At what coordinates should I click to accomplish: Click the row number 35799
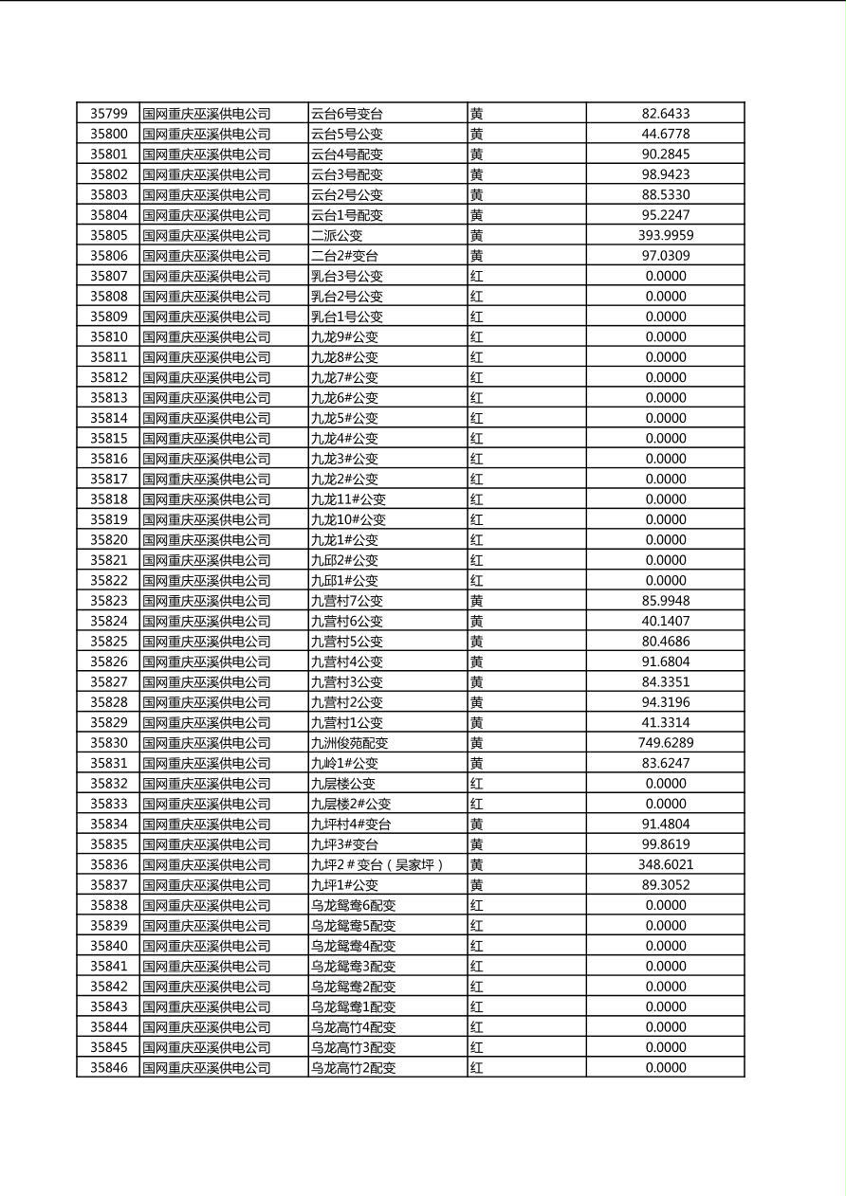(x=108, y=114)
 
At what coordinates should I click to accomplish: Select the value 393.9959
(x=665, y=235)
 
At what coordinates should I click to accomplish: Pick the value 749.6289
(x=665, y=743)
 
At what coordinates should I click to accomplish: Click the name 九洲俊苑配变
(x=349, y=743)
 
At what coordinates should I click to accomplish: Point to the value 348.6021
(x=665, y=864)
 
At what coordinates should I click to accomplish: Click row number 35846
(x=108, y=1067)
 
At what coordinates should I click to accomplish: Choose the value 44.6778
(x=665, y=134)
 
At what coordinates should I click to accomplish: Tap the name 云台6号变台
(x=347, y=114)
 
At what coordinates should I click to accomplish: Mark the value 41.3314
(x=665, y=722)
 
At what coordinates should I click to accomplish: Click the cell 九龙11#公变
(x=348, y=499)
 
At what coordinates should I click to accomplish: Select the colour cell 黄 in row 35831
(x=477, y=763)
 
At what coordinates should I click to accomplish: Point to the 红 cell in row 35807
(x=477, y=276)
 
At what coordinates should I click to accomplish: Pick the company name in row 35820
(x=207, y=540)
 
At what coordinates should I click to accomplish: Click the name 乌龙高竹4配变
(x=353, y=1027)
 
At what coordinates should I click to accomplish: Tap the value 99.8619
(x=665, y=844)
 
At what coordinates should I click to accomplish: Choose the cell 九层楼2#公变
(x=351, y=804)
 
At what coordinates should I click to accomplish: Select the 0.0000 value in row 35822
(x=665, y=580)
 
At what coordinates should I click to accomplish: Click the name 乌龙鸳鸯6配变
(x=353, y=905)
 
